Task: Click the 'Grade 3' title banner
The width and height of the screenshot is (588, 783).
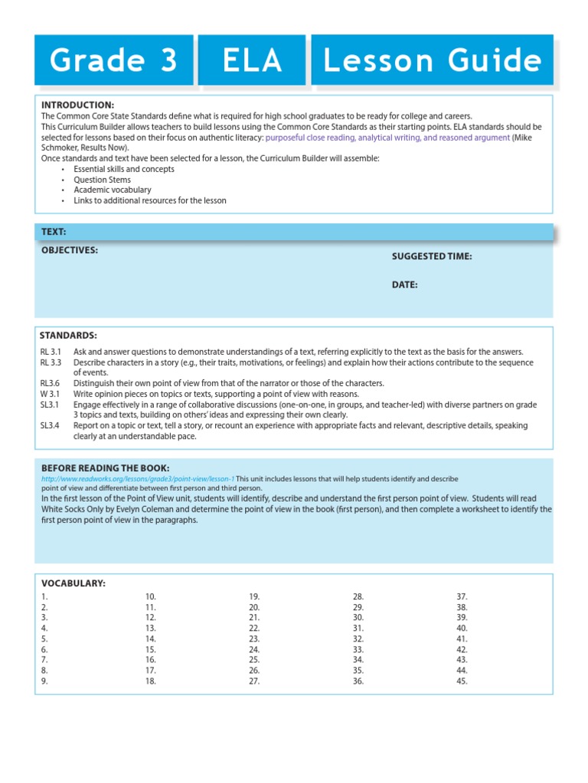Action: (x=113, y=60)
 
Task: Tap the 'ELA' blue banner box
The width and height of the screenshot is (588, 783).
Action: (x=253, y=60)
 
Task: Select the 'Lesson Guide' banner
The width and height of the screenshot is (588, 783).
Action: (x=432, y=60)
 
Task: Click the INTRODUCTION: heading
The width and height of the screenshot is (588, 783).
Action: (x=77, y=105)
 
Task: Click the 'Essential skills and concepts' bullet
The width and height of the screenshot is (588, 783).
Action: (x=124, y=169)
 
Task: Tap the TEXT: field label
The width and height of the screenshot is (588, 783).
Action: (x=54, y=231)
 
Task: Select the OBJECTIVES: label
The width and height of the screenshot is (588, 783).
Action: (x=69, y=250)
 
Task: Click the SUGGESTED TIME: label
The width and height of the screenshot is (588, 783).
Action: (x=432, y=257)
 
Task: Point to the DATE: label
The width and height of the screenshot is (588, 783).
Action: (x=405, y=284)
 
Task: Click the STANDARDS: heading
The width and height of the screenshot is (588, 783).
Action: (x=68, y=335)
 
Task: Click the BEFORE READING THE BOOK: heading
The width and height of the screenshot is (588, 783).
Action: (x=105, y=468)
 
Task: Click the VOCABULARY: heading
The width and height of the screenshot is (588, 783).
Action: (x=73, y=583)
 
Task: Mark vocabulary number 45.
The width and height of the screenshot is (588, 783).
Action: (x=462, y=681)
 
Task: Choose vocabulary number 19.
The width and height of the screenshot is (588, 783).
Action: (x=254, y=596)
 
